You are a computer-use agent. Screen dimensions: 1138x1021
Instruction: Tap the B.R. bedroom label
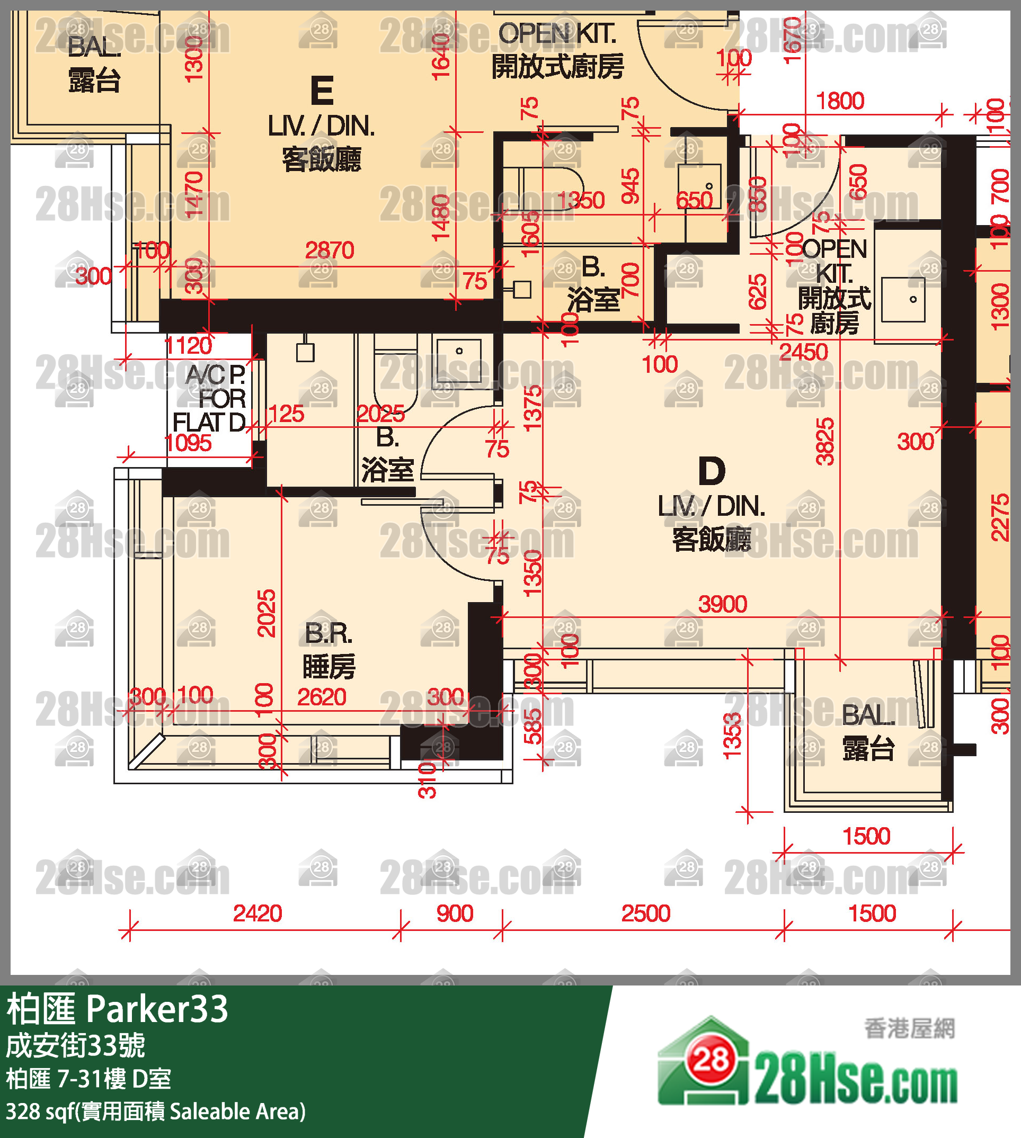(329, 633)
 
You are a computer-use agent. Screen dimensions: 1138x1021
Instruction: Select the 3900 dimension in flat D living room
(723, 604)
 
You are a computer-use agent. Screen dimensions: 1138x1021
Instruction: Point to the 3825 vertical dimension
(824, 442)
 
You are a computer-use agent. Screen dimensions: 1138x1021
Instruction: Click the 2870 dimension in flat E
(330, 250)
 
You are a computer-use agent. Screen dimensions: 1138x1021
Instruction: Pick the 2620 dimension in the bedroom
(322, 697)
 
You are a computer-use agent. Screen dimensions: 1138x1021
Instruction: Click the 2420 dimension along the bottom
(258, 914)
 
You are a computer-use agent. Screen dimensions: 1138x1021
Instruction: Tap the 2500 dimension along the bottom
(646, 914)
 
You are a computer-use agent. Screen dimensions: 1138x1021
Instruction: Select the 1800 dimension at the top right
(839, 101)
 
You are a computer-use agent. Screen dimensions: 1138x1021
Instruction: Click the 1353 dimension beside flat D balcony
(733, 736)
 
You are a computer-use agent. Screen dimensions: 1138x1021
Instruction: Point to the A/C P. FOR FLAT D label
(209, 398)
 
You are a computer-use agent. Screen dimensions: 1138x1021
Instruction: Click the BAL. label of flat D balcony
(868, 715)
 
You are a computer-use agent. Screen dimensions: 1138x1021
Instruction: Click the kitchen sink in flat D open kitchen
(903, 300)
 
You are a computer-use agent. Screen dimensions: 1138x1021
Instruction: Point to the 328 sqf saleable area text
(155, 1111)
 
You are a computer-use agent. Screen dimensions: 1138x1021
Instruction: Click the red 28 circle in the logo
(712, 1060)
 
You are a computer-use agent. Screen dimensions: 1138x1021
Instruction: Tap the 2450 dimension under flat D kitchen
(803, 352)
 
